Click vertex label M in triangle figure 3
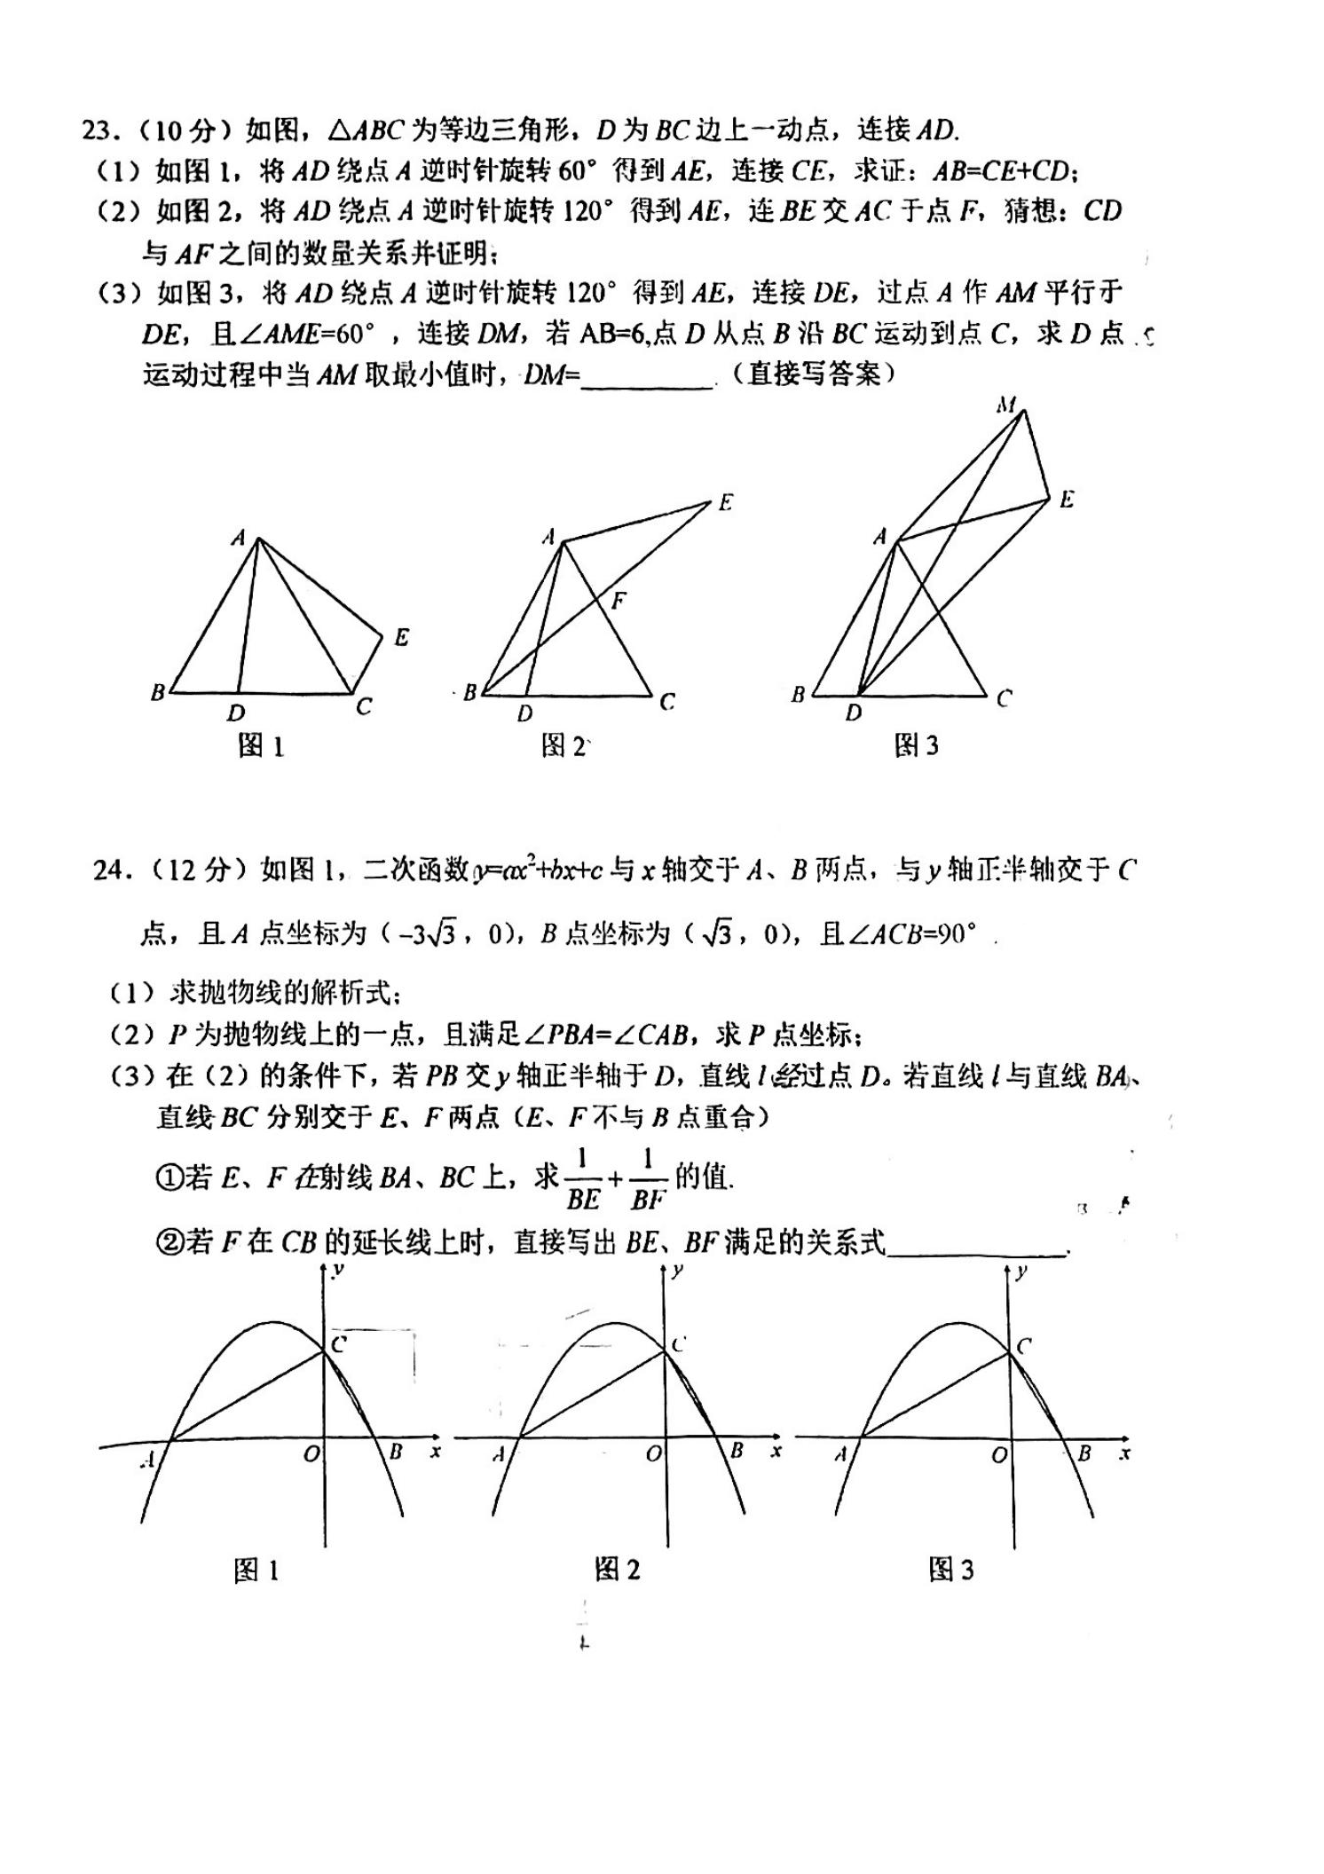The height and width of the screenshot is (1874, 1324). [1005, 406]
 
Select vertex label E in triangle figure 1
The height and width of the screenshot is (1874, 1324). [401, 637]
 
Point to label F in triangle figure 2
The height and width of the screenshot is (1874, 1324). [619, 601]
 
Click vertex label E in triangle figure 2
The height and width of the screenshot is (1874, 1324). [725, 502]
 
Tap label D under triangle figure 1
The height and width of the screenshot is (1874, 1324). [235, 713]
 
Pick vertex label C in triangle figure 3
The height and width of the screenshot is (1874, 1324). [1004, 698]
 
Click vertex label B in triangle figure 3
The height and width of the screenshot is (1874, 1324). [798, 695]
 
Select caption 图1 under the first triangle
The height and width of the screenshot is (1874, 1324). [261, 746]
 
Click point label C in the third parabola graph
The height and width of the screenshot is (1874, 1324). [1023, 1346]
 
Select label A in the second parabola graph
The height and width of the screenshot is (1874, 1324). [499, 1454]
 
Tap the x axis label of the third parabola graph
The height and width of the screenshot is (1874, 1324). [1124, 1453]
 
